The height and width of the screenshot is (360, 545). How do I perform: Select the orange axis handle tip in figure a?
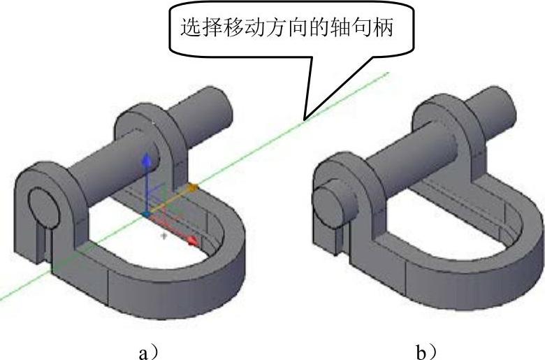[193, 187]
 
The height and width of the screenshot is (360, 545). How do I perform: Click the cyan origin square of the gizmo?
[145, 213]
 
